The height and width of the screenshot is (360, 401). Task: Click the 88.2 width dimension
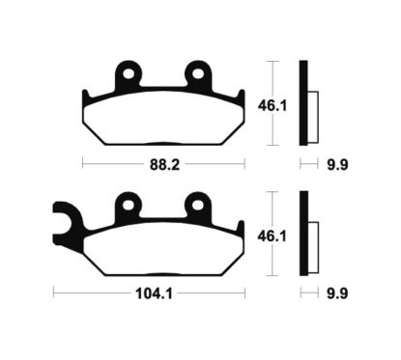tap(160, 164)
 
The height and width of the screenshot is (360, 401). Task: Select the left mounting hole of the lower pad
tap(126, 203)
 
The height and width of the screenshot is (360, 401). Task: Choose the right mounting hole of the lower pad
tap(197, 203)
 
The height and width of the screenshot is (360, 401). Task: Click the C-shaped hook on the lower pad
tap(64, 223)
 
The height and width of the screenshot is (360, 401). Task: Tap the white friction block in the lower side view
tap(312, 235)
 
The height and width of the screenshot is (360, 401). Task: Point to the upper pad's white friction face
tap(160, 121)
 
